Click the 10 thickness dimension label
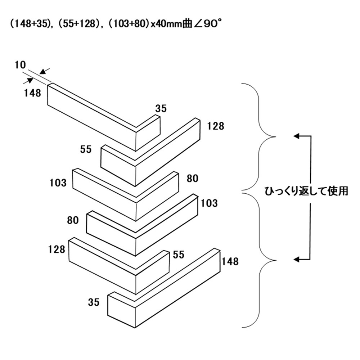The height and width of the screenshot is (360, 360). click(21, 65)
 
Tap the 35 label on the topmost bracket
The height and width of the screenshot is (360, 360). click(161, 108)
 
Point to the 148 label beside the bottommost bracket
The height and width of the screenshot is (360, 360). click(230, 261)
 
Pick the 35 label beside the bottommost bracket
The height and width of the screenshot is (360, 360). click(94, 302)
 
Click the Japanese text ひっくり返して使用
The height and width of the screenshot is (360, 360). click(306, 191)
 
